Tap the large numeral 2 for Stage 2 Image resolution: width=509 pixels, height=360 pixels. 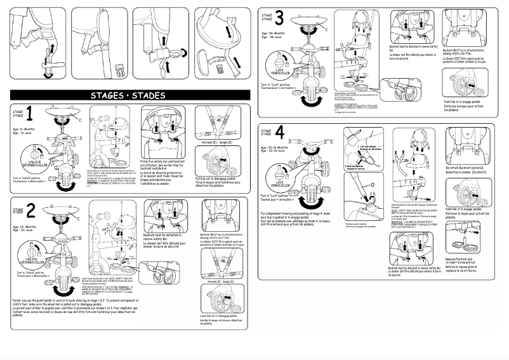(x=30, y=211)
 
